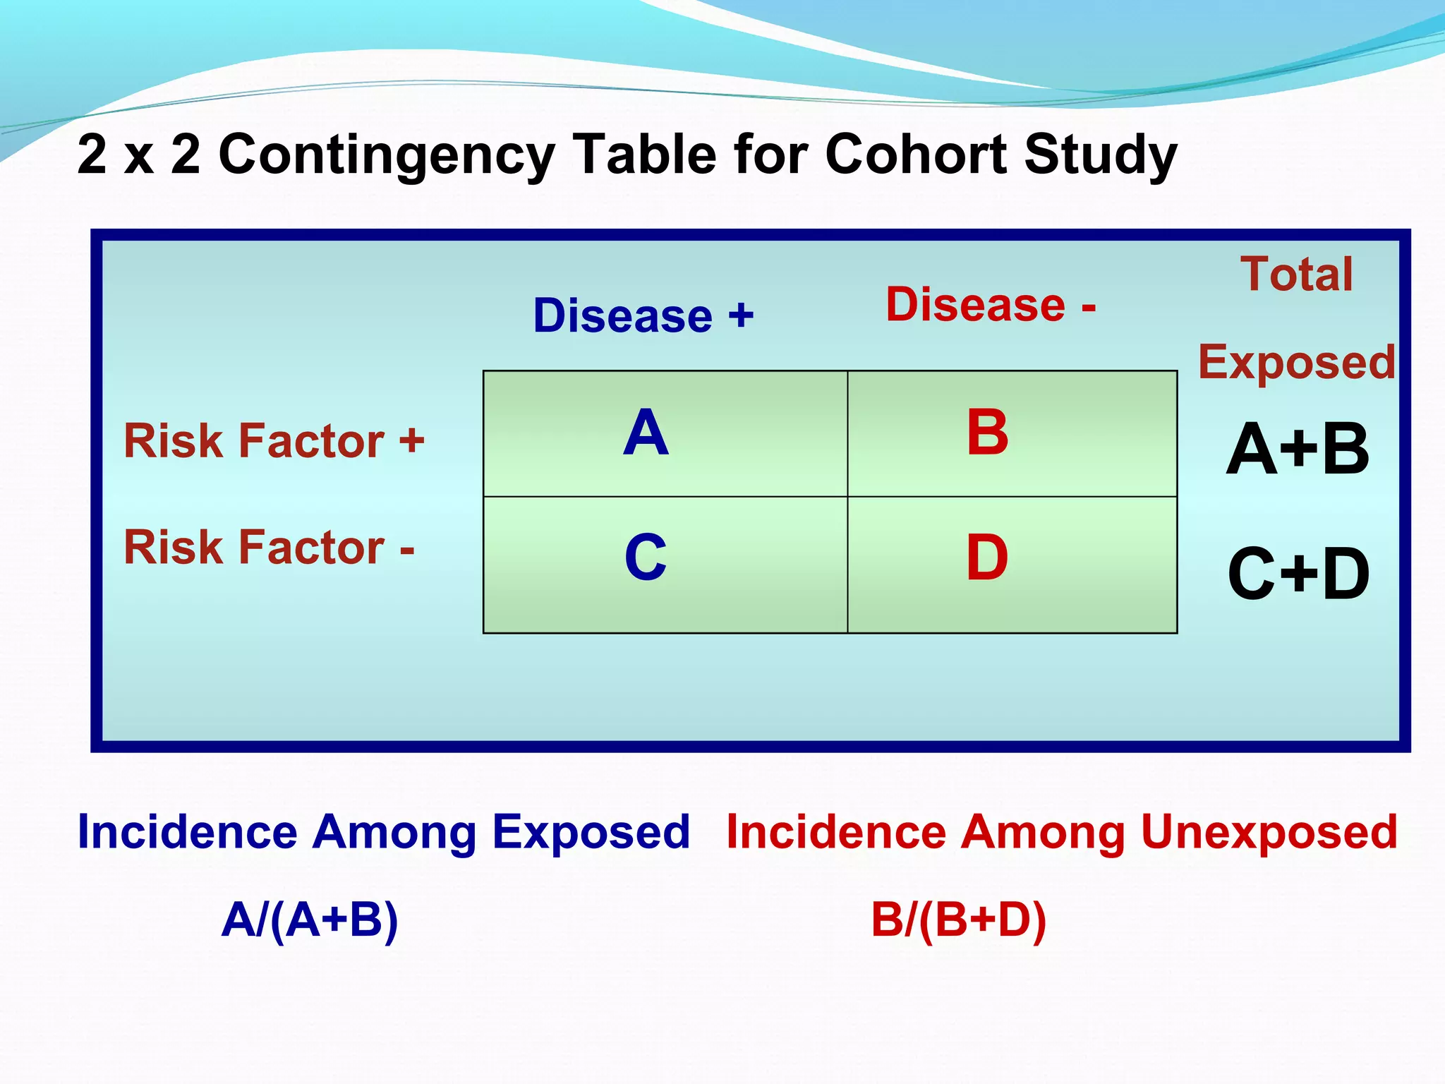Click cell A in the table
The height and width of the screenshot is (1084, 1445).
[x=646, y=433]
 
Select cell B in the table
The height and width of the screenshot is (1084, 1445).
[x=987, y=433]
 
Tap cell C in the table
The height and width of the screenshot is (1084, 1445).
[x=646, y=558]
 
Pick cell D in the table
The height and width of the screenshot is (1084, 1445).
[x=987, y=558]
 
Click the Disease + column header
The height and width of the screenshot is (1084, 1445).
[x=643, y=315]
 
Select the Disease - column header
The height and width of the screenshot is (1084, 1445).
[x=991, y=305]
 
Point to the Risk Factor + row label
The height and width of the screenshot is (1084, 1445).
[x=274, y=441]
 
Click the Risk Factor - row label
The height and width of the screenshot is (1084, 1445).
[x=269, y=548]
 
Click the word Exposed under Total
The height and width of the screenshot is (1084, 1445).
[x=1297, y=363]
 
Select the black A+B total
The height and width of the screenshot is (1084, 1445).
[x=1297, y=450]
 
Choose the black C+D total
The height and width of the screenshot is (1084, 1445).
[x=1298, y=574]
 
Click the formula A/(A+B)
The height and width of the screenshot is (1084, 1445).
[x=310, y=920]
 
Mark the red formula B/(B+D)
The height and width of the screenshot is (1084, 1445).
[x=958, y=920]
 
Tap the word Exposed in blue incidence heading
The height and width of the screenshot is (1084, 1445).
[x=591, y=833]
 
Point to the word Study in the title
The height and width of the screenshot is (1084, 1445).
[x=1101, y=155]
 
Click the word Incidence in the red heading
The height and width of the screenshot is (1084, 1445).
[x=836, y=832]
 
